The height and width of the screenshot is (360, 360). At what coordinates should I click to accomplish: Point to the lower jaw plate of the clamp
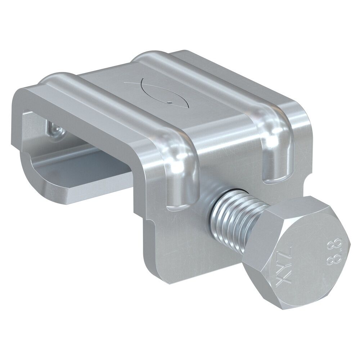click(90, 180)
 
